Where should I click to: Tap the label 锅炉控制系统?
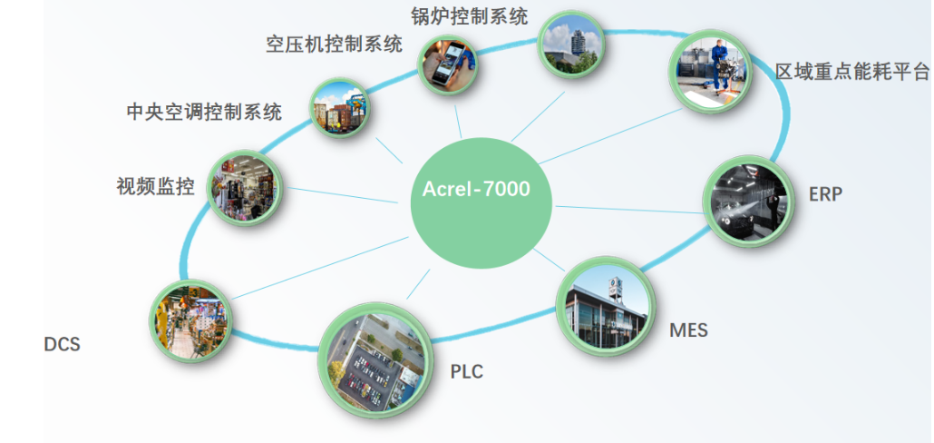pos(469,15)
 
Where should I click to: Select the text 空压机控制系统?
pos(334,44)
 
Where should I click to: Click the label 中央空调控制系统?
pos(204,112)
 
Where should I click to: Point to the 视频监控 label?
pos(155,188)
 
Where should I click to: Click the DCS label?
pos(62,345)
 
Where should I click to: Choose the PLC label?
pos(467,372)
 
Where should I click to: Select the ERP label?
pos(826,193)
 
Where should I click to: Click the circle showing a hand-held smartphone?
pos(448,64)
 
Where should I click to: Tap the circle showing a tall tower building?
pos(568,44)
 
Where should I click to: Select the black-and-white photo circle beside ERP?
pos(745,202)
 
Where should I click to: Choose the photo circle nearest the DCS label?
pos(190,320)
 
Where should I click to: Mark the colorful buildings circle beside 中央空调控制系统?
pos(340,108)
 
